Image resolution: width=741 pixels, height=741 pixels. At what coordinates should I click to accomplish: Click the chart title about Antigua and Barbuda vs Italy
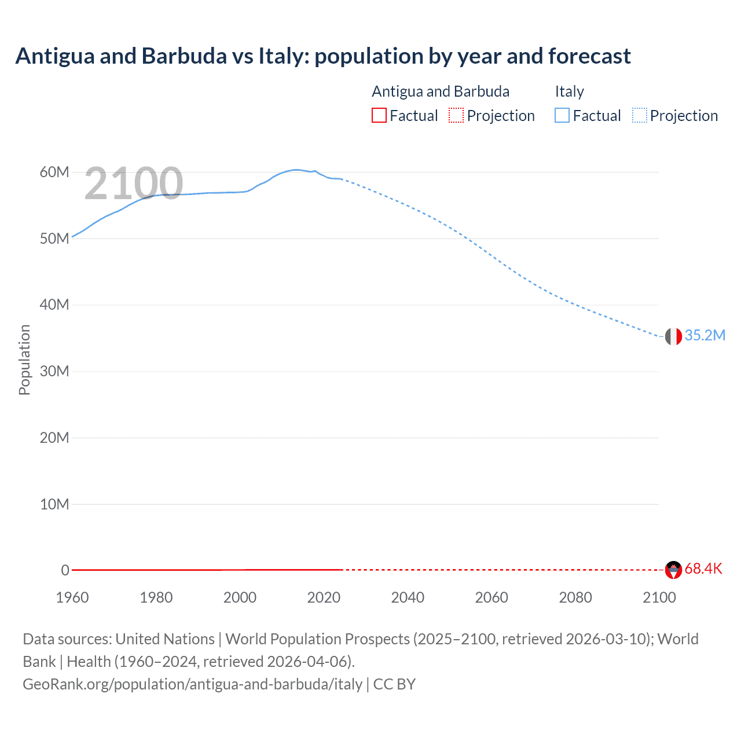click(x=323, y=56)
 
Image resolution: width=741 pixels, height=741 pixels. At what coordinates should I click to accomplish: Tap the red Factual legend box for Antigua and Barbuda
click(x=379, y=115)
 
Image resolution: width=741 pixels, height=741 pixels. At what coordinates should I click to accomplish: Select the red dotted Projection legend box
click(x=456, y=115)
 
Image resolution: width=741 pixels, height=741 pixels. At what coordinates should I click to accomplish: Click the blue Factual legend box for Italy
click(x=562, y=115)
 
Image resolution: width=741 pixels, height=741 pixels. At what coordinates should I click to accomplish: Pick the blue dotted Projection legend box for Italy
click(x=639, y=115)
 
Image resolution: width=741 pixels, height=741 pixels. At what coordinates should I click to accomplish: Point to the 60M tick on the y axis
click(x=54, y=172)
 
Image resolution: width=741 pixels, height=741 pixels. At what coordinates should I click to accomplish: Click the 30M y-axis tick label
click(x=54, y=371)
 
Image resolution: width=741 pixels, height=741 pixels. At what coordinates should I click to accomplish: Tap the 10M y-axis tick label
click(x=54, y=504)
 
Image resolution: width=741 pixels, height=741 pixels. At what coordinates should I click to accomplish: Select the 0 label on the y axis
click(x=65, y=570)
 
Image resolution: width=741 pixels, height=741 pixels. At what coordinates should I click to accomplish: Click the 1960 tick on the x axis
click(x=72, y=597)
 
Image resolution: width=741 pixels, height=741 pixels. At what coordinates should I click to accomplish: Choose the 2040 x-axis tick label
click(x=408, y=597)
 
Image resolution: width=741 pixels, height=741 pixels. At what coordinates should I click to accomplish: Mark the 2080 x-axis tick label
click(x=575, y=597)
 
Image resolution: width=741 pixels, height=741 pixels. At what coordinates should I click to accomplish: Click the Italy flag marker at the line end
click(x=673, y=336)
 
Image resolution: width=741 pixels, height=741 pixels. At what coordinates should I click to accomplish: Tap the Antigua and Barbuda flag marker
click(x=673, y=570)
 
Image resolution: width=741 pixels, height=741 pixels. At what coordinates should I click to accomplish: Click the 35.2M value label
click(x=705, y=336)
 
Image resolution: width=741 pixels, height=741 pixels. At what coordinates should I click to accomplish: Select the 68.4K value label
click(x=703, y=569)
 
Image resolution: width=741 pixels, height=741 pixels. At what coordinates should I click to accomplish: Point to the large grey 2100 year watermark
click(x=134, y=184)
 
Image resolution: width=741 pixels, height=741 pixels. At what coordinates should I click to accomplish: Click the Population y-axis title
click(x=24, y=360)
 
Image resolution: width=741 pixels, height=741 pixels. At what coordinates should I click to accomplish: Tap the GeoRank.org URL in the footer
click(x=192, y=684)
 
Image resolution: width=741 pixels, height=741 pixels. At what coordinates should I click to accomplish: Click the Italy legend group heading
click(x=569, y=91)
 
